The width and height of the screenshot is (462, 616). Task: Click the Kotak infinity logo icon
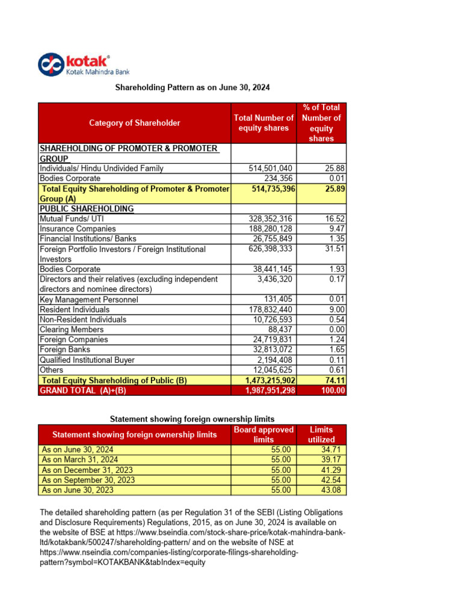[x=51, y=65]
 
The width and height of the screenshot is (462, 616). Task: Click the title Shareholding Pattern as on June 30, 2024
[x=192, y=87]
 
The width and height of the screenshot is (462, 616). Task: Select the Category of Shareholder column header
[x=135, y=123]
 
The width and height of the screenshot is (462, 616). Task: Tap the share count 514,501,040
[x=271, y=168]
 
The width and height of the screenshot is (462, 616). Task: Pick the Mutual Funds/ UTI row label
[x=69, y=219]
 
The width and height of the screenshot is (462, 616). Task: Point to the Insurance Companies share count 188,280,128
[x=271, y=229]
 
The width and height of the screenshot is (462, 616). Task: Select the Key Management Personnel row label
[x=88, y=300]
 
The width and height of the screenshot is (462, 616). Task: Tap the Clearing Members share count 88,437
[x=280, y=330]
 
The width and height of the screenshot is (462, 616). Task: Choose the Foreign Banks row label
[x=65, y=350]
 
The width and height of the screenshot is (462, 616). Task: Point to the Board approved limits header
[x=263, y=434]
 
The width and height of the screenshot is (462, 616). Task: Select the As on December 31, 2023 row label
[x=87, y=470]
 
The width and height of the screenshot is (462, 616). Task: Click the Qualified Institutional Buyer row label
[x=87, y=360]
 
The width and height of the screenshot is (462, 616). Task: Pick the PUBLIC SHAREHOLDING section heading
[x=87, y=209]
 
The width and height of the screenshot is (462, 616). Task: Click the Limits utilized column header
[x=321, y=434]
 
